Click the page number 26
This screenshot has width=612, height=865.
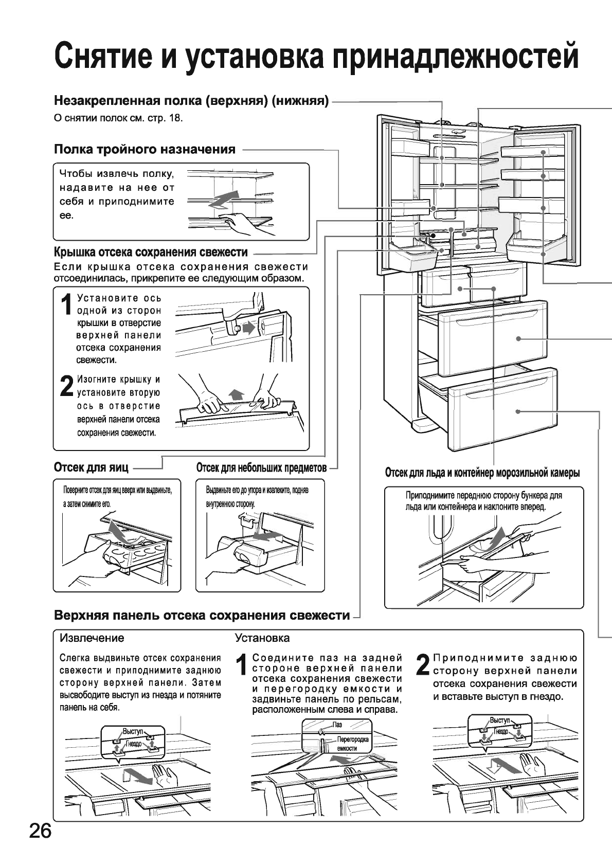click(x=40, y=830)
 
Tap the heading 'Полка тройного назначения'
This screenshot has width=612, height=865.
click(x=145, y=150)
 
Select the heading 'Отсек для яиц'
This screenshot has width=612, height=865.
click(x=91, y=467)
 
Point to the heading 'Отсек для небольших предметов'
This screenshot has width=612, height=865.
click(x=261, y=468)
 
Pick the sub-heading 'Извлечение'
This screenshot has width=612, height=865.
click(x=92, y=638)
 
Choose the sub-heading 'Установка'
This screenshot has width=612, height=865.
click(x=262, y=638)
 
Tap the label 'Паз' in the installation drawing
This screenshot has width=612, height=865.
click(x=337, y=725)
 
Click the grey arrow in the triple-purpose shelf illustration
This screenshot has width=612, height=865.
click(x=224, y=200)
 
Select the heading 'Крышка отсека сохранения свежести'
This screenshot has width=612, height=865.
click(x=151, y=253)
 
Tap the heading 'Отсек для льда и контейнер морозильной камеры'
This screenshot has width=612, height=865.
click(x=482, y=473)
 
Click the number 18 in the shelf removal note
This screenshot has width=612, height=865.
click(x=176, y=118)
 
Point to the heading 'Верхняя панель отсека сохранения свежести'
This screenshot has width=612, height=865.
click(x=202, y=616)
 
